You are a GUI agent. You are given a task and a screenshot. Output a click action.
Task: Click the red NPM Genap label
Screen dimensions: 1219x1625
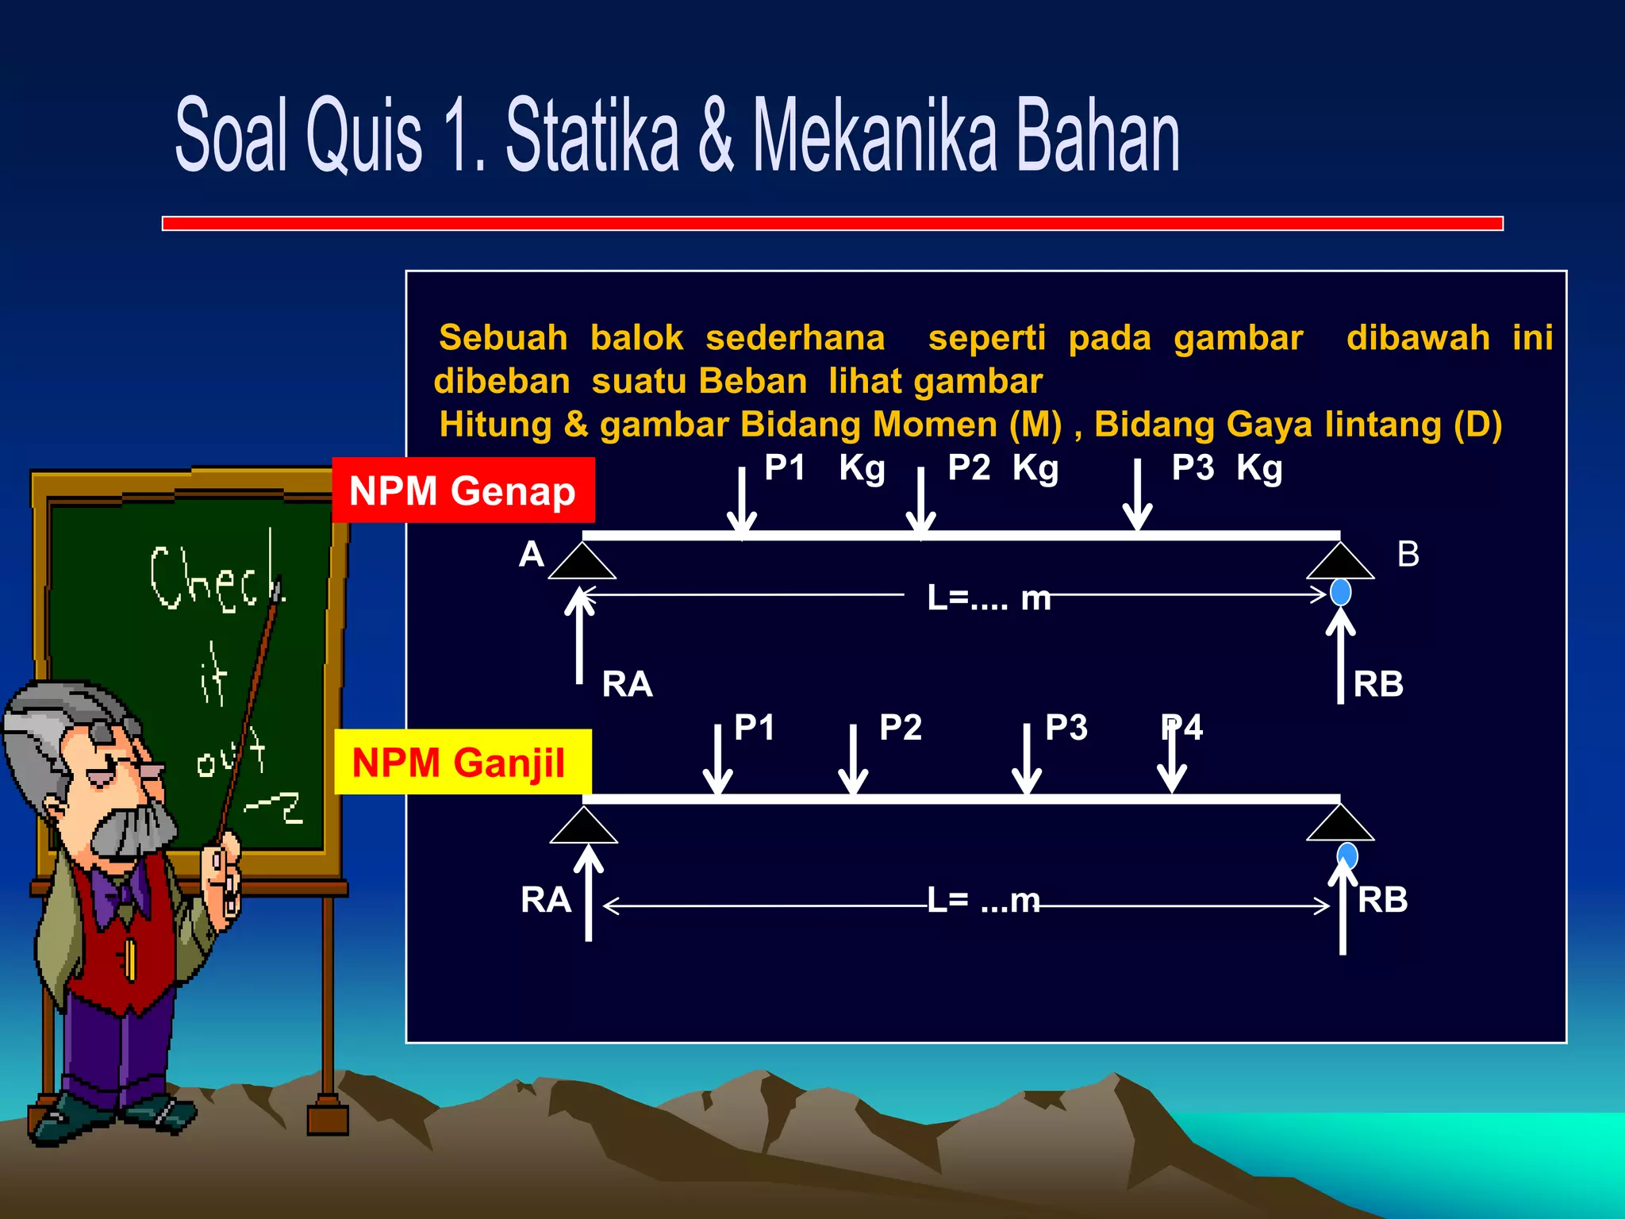point(463,490)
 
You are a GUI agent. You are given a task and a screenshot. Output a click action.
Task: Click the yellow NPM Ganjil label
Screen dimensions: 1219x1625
point(460,763)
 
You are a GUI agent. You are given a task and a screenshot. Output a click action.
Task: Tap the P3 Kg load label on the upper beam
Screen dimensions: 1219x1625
point(1227,468)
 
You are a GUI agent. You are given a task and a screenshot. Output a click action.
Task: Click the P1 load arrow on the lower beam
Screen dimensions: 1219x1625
point(718,760)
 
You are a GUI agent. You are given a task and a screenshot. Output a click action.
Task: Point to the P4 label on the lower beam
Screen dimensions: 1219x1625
point(1182,728)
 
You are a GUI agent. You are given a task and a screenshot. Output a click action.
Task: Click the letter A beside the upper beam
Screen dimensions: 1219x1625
point(532,554)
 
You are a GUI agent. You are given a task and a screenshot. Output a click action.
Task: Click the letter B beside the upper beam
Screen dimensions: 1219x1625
point(1408,554)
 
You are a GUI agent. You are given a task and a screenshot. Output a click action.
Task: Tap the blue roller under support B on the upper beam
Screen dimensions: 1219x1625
point(1341,592)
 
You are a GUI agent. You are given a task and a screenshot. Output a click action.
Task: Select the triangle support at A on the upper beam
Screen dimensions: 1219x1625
point(582,562)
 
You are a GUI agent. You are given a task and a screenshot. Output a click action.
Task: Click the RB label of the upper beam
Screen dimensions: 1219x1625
point(1378,684)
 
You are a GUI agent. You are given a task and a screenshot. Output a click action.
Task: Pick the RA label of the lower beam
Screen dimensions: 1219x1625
point(546,900)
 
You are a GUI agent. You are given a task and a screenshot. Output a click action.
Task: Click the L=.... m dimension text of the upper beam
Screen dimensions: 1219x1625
point(989,598)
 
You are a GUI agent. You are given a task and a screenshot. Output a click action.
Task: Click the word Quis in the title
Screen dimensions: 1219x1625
point(364,135)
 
